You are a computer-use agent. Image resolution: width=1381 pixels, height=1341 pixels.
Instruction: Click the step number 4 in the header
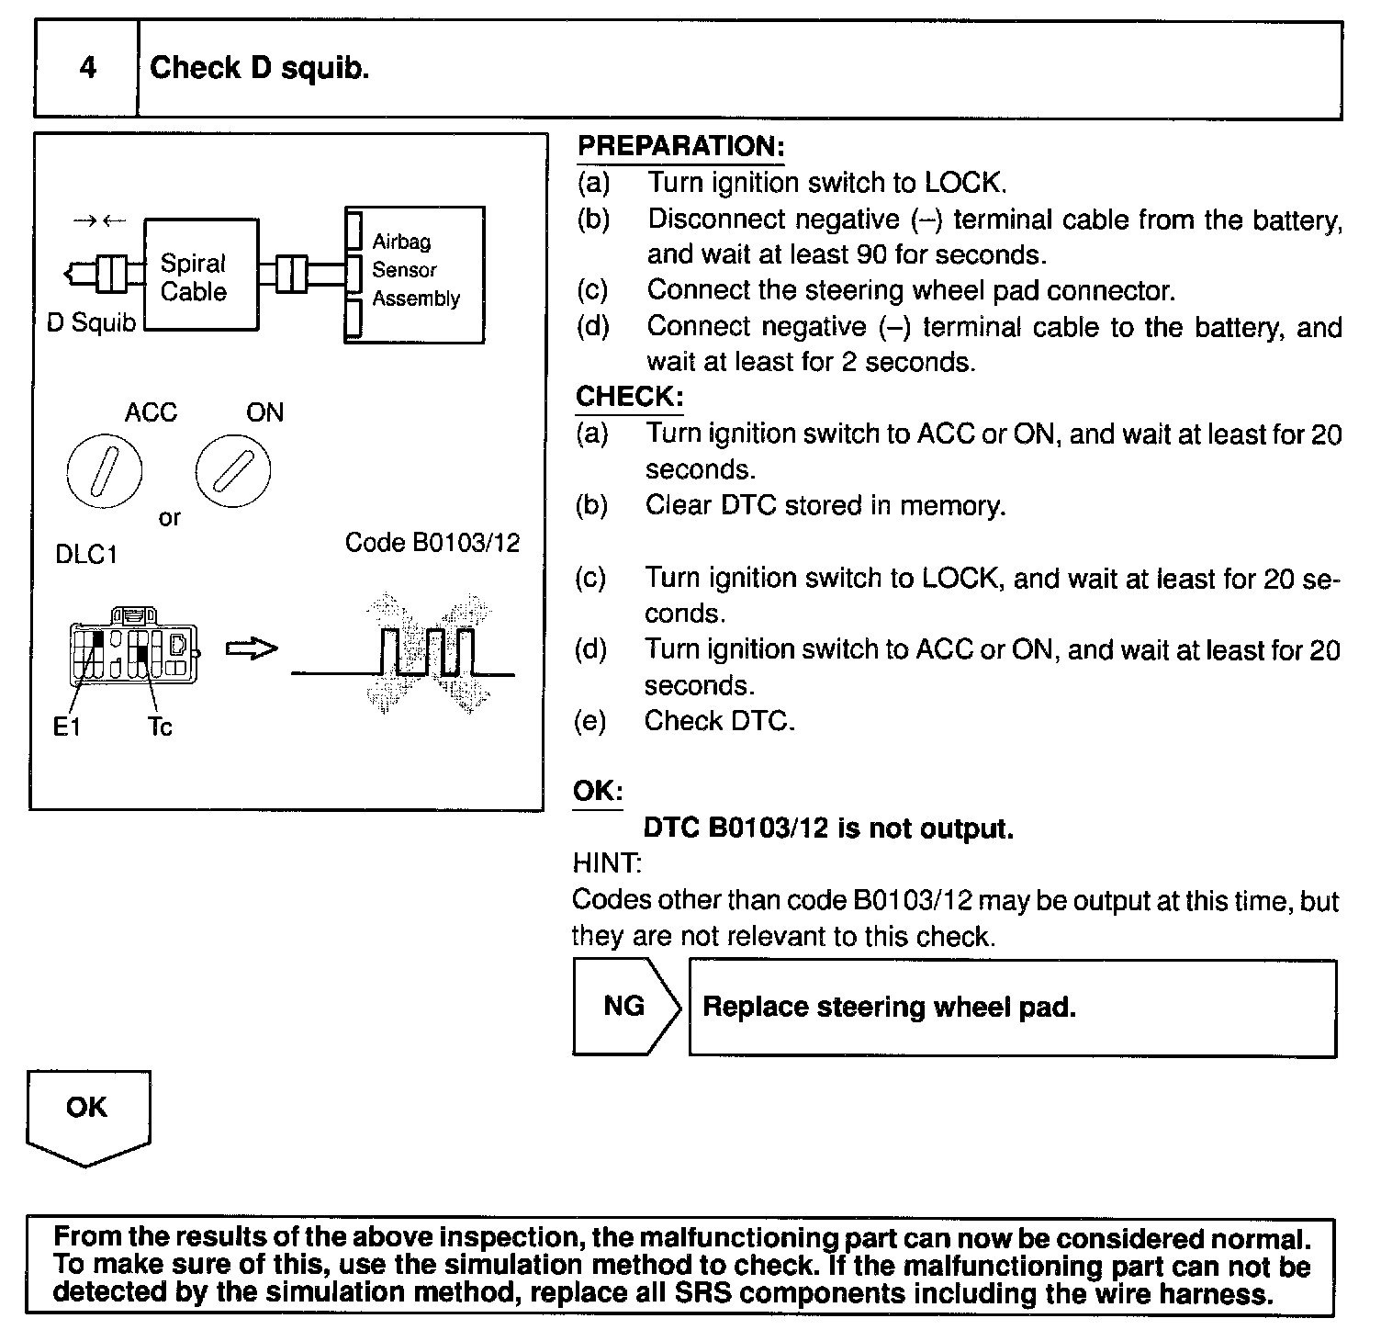pos(87,68)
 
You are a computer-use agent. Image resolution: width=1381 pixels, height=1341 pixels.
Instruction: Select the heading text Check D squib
pos(259,68)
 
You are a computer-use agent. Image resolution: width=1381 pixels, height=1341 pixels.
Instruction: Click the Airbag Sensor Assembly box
pos(415,274)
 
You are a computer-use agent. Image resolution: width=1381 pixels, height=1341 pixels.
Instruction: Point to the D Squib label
pos(91,323)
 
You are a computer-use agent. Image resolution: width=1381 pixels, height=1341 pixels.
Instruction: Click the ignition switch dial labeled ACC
pos(105,471)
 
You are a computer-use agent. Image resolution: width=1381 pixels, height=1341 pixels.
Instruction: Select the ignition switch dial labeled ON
pos(232,471)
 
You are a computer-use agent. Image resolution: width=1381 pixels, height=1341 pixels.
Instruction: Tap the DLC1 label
pos(86,556)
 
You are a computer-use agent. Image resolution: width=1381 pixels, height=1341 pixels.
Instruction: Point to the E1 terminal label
pos(67,727)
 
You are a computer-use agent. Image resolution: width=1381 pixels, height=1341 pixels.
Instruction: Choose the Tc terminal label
pos(160,727)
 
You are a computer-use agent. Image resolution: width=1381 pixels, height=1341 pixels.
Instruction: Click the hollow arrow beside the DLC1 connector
pos(252,649)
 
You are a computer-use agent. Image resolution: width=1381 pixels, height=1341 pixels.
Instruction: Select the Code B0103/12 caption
pos(432,543)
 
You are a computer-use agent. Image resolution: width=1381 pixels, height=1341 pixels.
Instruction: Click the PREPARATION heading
pos(680,146)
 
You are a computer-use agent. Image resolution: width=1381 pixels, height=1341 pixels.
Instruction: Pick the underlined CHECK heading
pos(629,397)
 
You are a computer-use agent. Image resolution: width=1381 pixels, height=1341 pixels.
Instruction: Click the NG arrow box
pos(625,1007)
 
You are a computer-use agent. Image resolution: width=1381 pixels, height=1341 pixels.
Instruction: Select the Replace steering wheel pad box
pos(1012,1009)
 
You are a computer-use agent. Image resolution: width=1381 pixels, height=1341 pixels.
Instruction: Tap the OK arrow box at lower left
pos(87,1114)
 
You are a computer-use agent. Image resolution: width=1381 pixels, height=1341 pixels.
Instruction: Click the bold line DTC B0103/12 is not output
pos(828,828)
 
